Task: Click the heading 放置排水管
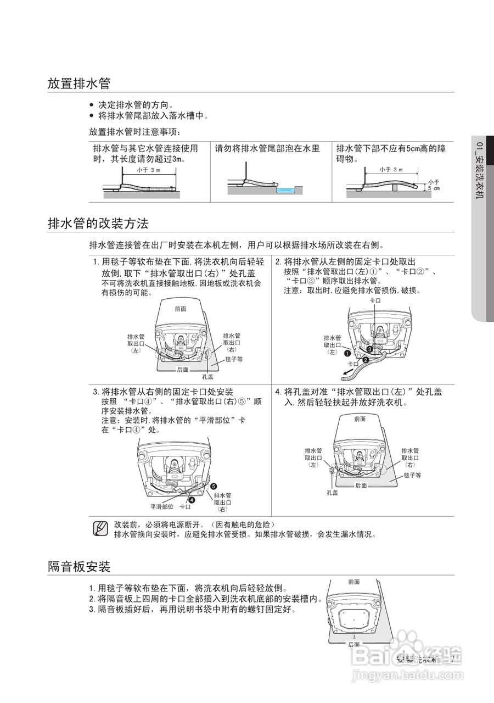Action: tap(79, 83)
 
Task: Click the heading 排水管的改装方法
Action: tap(98, 224)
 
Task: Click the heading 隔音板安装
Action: tap(79, 566)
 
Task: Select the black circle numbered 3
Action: tap(370, 349)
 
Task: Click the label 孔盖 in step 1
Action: tap(207, 377)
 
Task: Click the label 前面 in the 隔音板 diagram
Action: tap(354, 581)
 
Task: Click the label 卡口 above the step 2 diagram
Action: tap(375, 301)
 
